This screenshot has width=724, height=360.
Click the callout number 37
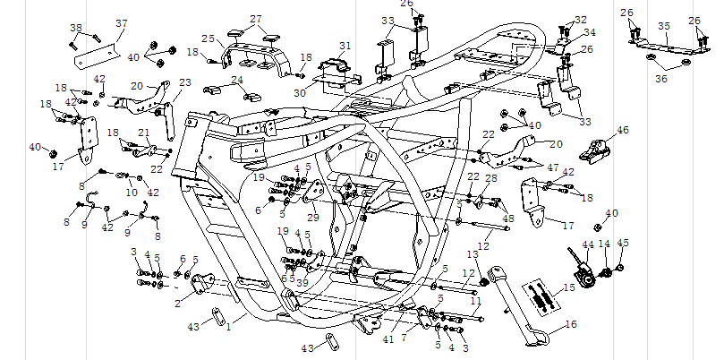coord(122,23)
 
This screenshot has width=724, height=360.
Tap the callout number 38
coord(75,28)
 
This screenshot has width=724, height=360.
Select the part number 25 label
coord(208,39)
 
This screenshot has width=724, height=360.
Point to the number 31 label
coord(345,45)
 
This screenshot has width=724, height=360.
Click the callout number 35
coord(663,27)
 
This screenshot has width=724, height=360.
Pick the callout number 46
coord(623,131)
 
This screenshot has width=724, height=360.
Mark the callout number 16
coord(571,326)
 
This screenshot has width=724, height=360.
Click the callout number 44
coord(588,244)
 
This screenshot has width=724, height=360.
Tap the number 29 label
coord(312,218)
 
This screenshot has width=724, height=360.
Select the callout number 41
coord(388,339)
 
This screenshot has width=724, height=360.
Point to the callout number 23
coord(184,83)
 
